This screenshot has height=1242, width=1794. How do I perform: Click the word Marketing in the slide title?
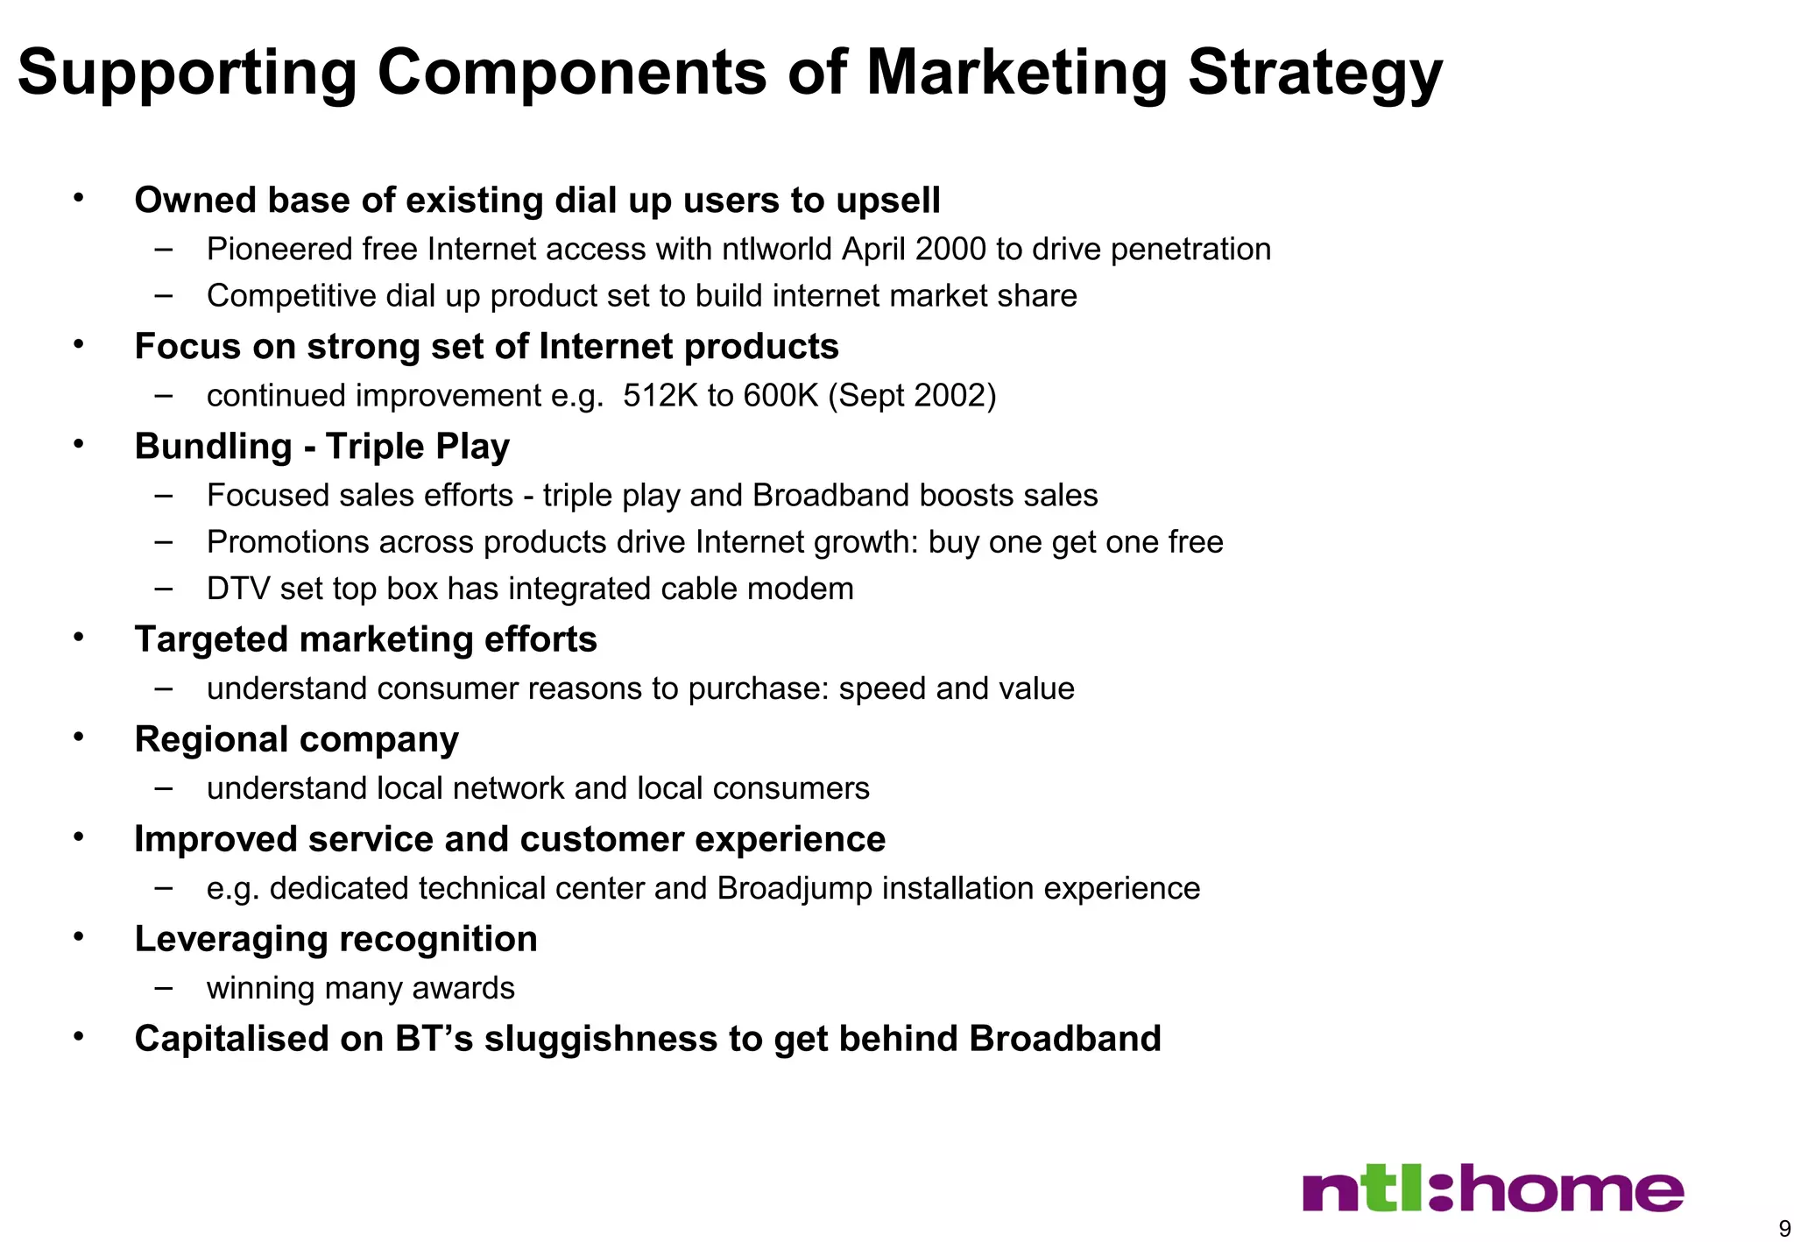click(1016, 73)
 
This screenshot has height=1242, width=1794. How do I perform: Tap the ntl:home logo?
click(1493, 1189)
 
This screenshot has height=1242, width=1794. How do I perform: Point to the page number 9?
click(1784, 1229)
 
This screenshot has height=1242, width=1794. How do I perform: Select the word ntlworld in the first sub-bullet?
click(777, 250)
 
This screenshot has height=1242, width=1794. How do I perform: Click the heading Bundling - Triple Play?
click(321, 447)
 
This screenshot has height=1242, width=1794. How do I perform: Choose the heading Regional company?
click(296, 739)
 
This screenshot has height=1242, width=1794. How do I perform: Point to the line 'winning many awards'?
click(360, 988)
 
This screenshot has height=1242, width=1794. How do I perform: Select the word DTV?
click(238, 589)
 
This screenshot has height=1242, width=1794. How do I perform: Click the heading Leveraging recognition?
click(335, 939)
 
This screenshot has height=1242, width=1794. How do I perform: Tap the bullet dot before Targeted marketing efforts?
click(79, 638)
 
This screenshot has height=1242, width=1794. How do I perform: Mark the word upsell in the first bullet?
click(888, 201)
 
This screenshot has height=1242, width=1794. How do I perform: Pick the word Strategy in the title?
click(1315, 73)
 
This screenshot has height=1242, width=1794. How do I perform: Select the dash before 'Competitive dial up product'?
click(163, 296)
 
